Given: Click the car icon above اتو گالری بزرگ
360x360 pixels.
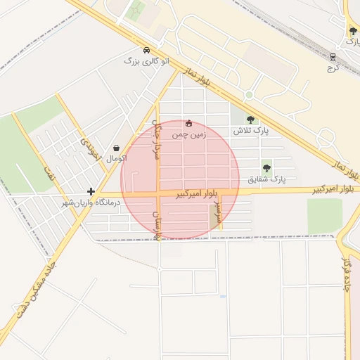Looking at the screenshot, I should (146, 51).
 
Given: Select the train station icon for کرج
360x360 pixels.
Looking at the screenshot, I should (333, 58).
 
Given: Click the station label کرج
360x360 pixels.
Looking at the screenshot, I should (333, 69).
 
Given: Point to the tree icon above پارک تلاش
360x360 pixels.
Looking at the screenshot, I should (250, 120).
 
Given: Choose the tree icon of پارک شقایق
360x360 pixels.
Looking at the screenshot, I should (266, 168).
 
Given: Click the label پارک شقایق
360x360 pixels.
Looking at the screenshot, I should (268, 180).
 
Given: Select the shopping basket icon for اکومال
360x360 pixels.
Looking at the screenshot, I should (116, 148).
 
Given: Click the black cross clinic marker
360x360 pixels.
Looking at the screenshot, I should (91, 191).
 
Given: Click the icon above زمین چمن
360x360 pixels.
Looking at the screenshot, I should (188, 124).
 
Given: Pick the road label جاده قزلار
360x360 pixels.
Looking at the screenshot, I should (347, 274).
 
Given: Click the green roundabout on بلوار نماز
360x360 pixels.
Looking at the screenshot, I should (248, 95).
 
